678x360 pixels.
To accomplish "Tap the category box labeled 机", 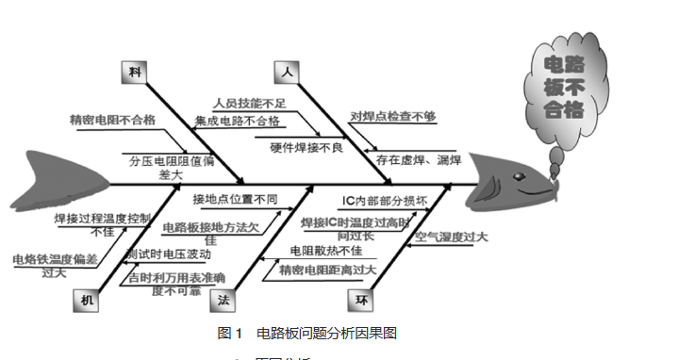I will click(87, 299).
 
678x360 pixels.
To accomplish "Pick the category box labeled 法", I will click(223, 300).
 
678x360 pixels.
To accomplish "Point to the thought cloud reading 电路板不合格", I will click(562, 86).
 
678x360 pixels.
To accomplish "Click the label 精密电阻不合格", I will click(111, 121).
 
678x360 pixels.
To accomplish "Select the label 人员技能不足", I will click(248, 103).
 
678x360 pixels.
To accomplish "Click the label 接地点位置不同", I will click(236, 199).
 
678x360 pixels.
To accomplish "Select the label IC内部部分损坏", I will click(385, 202).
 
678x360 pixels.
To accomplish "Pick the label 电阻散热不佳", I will click(325, 252).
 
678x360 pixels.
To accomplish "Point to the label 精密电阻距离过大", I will click(327, 270).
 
